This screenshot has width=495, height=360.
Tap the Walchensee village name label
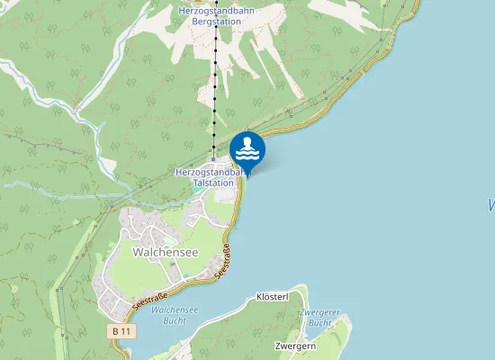tap(165, 252)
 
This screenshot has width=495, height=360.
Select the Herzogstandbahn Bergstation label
tap(216, 15)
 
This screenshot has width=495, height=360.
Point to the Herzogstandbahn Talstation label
tap(210, 176)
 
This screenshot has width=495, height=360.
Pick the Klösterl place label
tap(272, 296)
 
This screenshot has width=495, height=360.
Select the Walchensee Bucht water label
tap(175, 315)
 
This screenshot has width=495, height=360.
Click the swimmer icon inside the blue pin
tap(247, 147)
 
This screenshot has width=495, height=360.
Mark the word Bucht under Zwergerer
tap(319, 322)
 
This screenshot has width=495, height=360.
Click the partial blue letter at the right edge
tap(491, 206)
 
